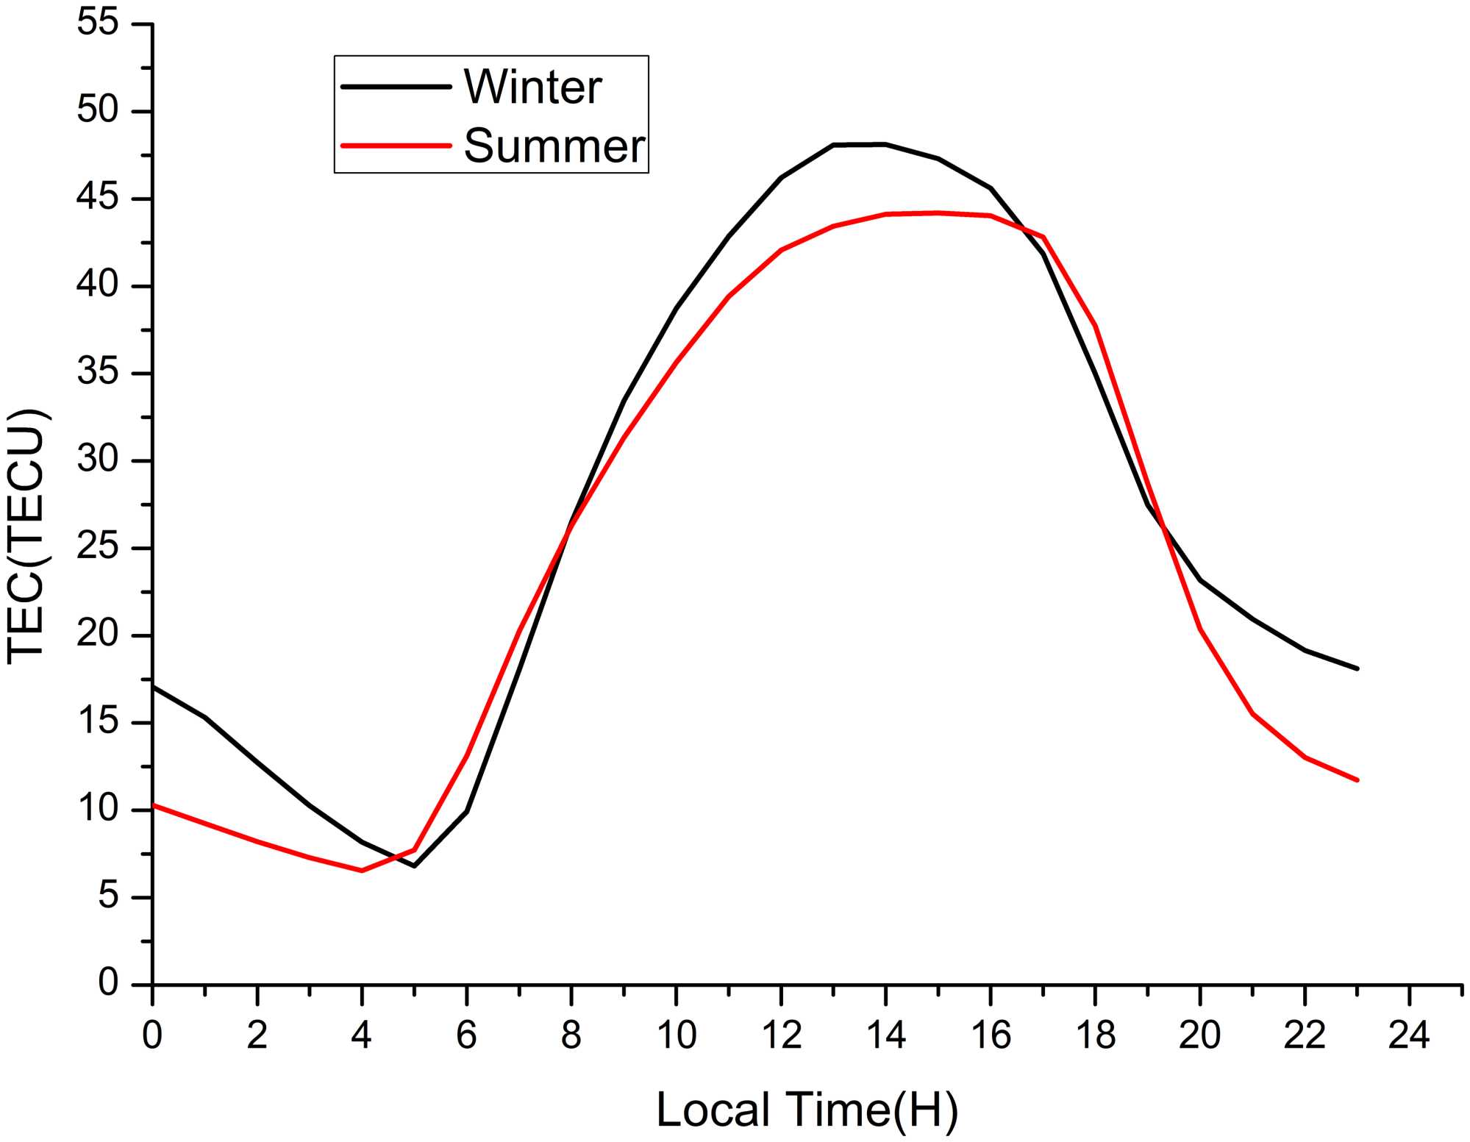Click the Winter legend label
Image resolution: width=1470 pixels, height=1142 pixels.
tap(532, 88)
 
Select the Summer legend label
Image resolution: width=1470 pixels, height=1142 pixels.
tap(554, 146)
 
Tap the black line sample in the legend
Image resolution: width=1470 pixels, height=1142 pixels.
tap(396, 87)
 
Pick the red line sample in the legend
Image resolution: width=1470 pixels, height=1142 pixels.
tap(396, 146)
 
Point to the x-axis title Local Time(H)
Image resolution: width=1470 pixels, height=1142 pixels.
tap(807, 1109)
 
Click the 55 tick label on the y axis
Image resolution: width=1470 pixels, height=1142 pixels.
tap(98, 24)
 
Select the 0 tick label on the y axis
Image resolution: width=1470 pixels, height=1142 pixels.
tap(108, 983)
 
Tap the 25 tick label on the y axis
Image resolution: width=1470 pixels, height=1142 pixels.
tap(98, 548)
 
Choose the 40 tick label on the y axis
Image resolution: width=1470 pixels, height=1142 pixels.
tap(98, 286)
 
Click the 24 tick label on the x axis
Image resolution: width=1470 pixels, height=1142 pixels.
tap(1409, 1035)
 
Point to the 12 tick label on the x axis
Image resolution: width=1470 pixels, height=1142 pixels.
tap(781, 1035)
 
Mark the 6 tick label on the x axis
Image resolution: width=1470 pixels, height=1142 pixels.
tap(466, 1035)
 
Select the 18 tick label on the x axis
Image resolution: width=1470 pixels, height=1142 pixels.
tap(1096, 1035)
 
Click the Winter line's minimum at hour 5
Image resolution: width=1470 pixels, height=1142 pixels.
tap(414, 866)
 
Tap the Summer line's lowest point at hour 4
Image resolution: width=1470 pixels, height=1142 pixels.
tap(362, 871)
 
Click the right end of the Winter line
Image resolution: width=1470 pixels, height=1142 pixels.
tap(1357, 668)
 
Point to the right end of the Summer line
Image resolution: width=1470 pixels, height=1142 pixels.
tap(1357, 780)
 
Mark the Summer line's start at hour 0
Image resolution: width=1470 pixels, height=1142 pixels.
tap(153, 805)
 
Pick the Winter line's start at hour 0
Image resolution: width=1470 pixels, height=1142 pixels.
tap(153, 686)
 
